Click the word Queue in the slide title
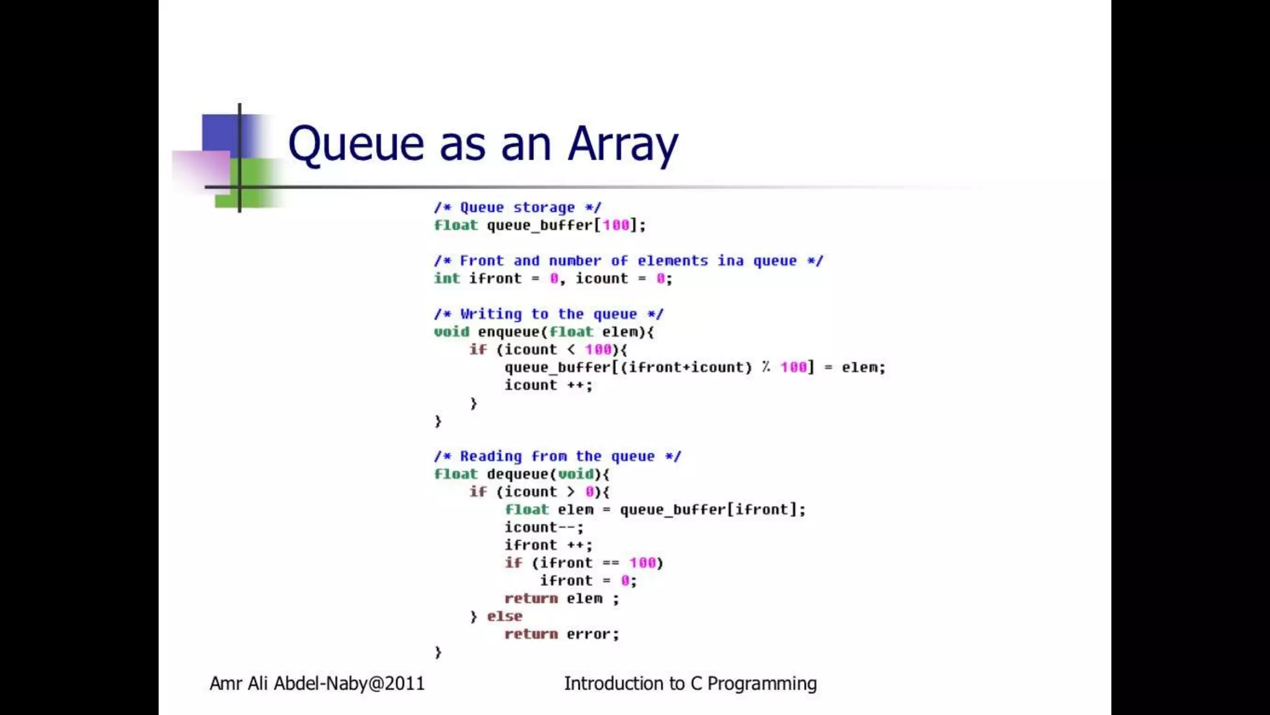point(356,144)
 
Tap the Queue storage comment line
point(517,207)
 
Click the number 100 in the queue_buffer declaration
point(616,225)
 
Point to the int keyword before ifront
point(446,279)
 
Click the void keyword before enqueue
point(451,332)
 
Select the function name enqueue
point(508,332)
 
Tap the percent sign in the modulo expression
point(766,367)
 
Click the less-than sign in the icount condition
point(571,349)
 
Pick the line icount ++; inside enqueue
point(548,385)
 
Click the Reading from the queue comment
point(557,457)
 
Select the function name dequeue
point(518,474)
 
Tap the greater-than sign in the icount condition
point(571,492)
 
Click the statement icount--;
point(544,528)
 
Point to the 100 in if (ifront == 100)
point(642,563)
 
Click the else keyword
point(504,616)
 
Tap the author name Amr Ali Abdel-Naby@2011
point(317,683)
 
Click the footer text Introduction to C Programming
point(690,683)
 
